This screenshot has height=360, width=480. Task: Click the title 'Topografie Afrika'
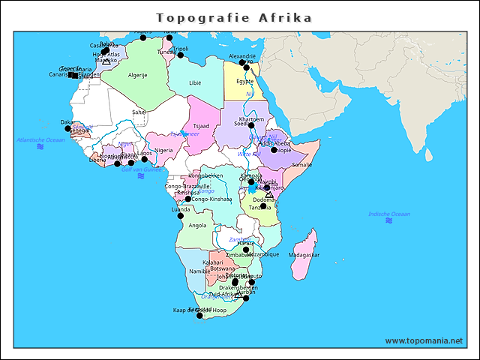pos(234,16)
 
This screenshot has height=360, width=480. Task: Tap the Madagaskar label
pos(304,255)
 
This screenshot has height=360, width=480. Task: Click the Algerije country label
pos(137,75)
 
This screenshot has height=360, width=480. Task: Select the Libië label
pos(195,82)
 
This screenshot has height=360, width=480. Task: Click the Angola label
pos(197,225)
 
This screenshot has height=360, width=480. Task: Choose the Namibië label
pos(199,271)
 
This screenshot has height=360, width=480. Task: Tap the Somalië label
pos(301,164)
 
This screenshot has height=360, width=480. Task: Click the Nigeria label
pos(163,150)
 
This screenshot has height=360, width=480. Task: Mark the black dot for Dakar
pos(67,128)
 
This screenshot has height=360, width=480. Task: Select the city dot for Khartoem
pos(251,125)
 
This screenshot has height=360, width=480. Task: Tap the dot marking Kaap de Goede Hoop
pos(199,316)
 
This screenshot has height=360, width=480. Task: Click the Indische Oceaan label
pos(389,214)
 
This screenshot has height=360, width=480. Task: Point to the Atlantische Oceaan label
pos(41,140)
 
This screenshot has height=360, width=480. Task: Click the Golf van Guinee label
pos(141,169)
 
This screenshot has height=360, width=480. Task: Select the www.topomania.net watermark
pos(424,340)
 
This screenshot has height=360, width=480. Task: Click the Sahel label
pos(139,112)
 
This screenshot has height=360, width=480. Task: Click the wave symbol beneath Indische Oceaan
pos(389,222)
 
